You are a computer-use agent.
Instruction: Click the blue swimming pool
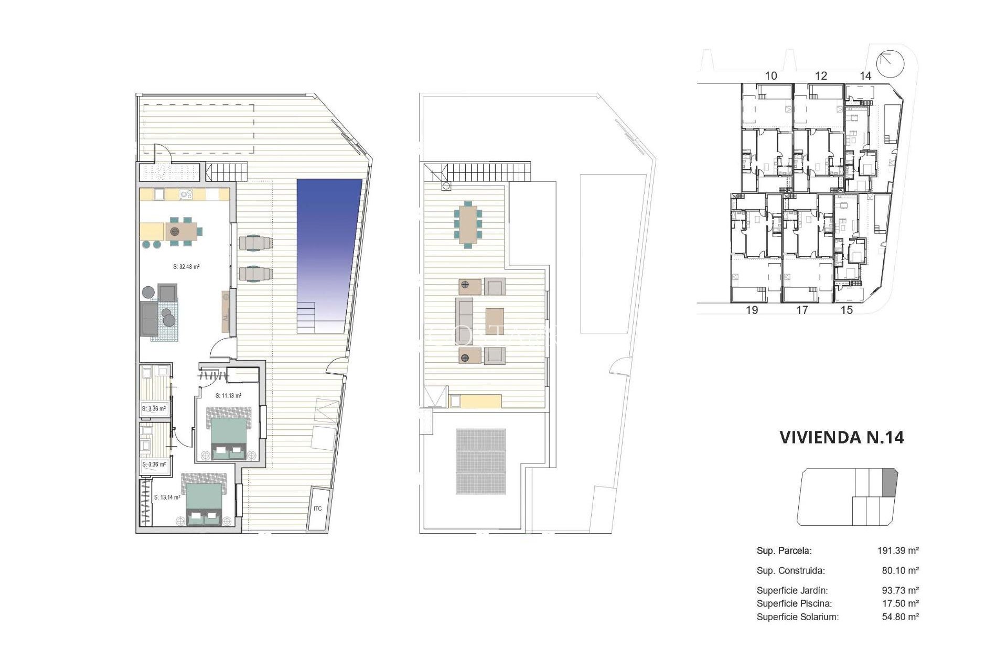[327, 246]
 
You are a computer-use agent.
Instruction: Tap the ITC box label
[318, 509]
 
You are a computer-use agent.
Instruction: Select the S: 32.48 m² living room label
[186, 267]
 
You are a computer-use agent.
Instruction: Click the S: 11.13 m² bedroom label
[228, 396]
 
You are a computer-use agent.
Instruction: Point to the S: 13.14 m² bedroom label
[167, 497]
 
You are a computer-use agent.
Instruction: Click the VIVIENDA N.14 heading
[841, 437]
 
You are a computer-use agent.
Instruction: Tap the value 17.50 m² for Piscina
[900, 603]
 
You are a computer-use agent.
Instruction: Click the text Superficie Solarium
[797, 617]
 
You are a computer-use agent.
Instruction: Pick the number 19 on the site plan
[752, 310]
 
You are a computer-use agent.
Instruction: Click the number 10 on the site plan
[770, 76]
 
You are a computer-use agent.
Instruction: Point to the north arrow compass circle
[891, 63]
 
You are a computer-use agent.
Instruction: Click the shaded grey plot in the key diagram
[890, 482]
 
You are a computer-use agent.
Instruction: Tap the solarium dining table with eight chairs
[468, 224]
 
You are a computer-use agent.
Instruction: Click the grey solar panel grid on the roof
[481, 461]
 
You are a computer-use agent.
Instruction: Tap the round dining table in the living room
[175, 231]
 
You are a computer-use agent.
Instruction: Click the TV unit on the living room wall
[226, 311]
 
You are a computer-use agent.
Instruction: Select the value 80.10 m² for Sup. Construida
[900, 570]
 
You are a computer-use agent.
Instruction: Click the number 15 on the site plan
[847, 310]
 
